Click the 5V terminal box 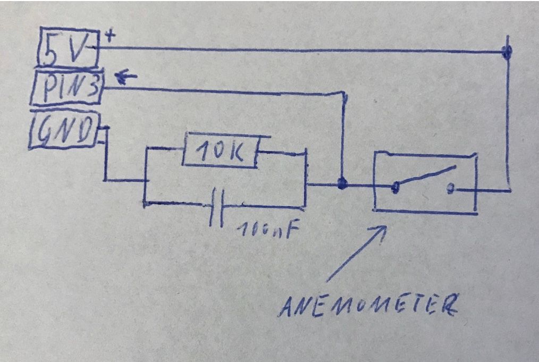pyautogui.click(x=68, y=48)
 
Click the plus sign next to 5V pyautogui.click(x=111, y=37)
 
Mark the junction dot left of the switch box pyautogui.click(x=342, y=184)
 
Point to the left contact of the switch pyautogui.click(x=395, y=187)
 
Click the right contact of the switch pyautogui.click(x=451, y=188)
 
